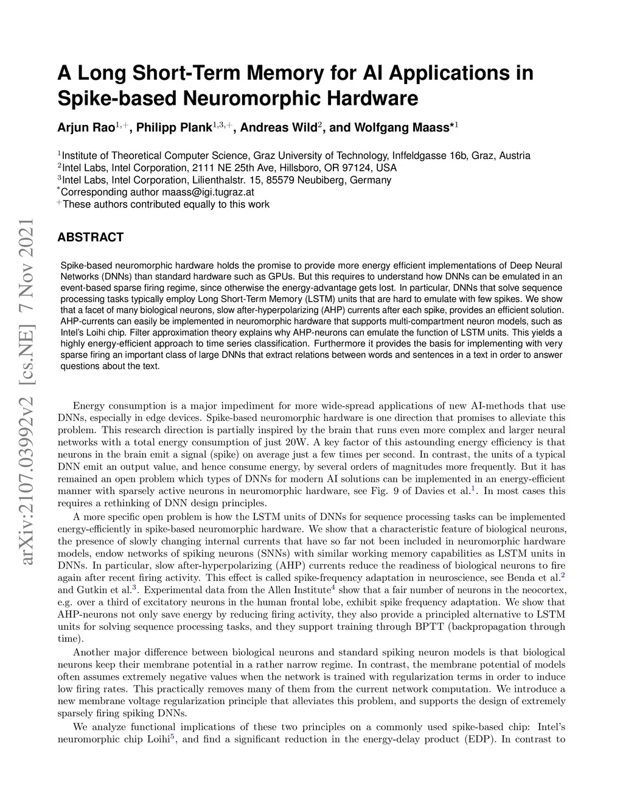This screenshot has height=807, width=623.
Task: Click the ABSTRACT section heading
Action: (90, 238)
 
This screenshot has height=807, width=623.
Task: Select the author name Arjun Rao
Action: (85, 128)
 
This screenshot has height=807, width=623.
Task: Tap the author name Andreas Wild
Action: (279, 128)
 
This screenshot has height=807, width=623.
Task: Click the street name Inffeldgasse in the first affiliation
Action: (420, 156)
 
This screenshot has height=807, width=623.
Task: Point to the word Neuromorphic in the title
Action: (241, 99)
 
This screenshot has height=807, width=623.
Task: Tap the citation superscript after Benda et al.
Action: (563, 575)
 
